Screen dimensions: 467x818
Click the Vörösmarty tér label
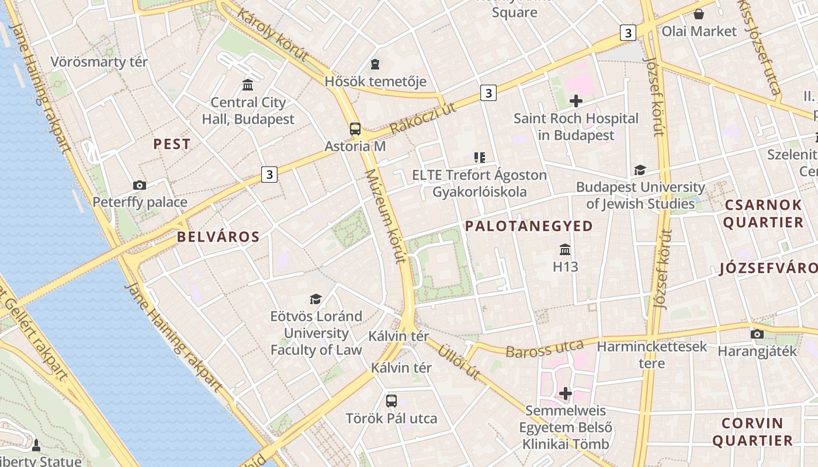click(x=99, y=62)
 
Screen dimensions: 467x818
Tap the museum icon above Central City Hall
click(x=248, y=85)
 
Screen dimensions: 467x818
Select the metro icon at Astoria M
click(x=355, y=129)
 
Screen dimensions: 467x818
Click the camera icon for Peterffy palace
click(x=140, y=185)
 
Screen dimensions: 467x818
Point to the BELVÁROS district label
click(x=218, y=237)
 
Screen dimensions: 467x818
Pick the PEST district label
click(x=172, y=144)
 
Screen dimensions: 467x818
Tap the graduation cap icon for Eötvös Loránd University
click(x=316, y=299)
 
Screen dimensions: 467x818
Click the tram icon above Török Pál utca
click(x=391, y=401)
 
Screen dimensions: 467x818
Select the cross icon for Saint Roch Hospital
click(x=576, y=101)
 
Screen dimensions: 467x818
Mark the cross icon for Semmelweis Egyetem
click(x=566, y=393)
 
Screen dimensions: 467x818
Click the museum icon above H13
click(x=565, y=250)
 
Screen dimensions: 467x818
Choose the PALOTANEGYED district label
click(x=529, y=226)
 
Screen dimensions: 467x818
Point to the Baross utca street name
click(x=545, y=349)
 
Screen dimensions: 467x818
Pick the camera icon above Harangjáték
click(x=757, y=334)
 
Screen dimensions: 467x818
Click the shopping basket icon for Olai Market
click(x=699, y=14)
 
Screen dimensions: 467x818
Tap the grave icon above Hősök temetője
click(x=375, y=64)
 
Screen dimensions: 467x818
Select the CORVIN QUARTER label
click(x=753, y=432)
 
